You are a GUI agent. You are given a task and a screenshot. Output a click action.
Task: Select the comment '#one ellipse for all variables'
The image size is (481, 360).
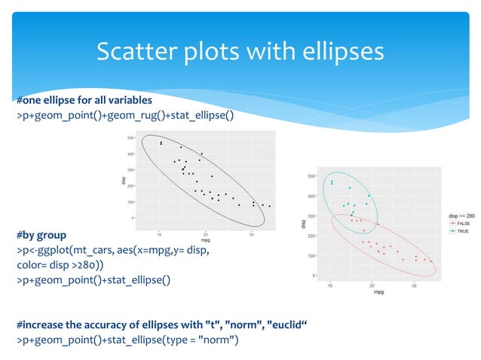(84, 100)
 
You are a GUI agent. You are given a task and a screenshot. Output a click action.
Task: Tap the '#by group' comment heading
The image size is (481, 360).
(41, 235)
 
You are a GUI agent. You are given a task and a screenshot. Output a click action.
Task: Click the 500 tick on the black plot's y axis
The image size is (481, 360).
(130, 138)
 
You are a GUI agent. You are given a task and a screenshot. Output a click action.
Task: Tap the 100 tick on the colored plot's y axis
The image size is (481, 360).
(312, 256)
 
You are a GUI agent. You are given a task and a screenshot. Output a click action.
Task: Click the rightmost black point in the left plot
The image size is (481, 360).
(269, 206)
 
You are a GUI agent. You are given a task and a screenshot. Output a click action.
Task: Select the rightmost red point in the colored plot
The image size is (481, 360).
(431, 261)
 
